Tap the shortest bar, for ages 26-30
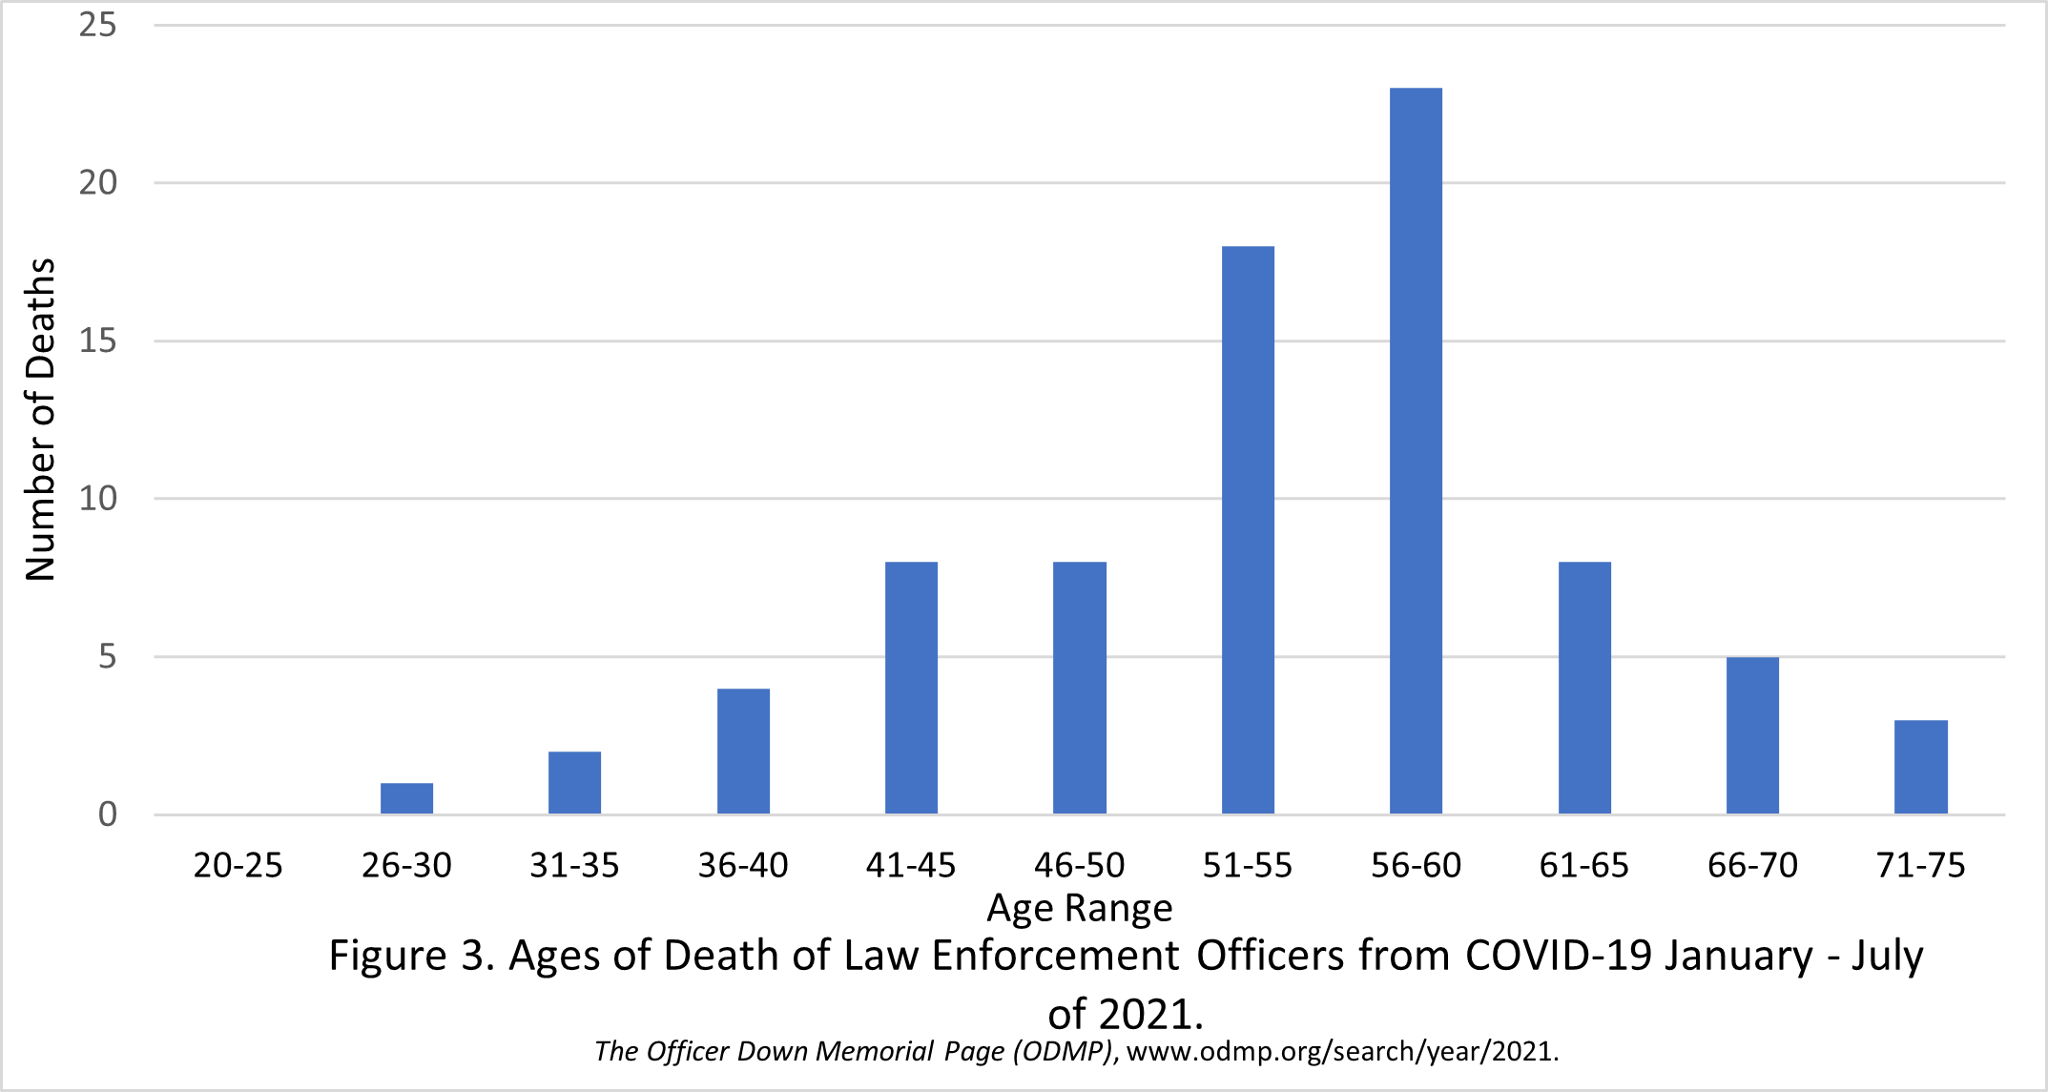tap(406, 798)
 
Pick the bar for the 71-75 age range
tap(1920, 767)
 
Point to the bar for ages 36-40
tap(743, 752)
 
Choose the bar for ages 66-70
tap(1752, 735)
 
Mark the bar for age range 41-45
tap(911, 688)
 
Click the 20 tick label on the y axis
tap(97, 182)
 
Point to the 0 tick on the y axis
tap(107, 814)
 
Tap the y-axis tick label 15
tap(97, 340)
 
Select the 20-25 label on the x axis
tap(238, 866)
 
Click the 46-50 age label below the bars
tap(1079, 866)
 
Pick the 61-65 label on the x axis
tap(1583, 866)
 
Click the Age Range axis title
tap(1079, 909)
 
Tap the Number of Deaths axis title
tap(40, 420)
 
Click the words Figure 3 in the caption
tap(410, 956)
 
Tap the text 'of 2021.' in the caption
tap(1126, 1014)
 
